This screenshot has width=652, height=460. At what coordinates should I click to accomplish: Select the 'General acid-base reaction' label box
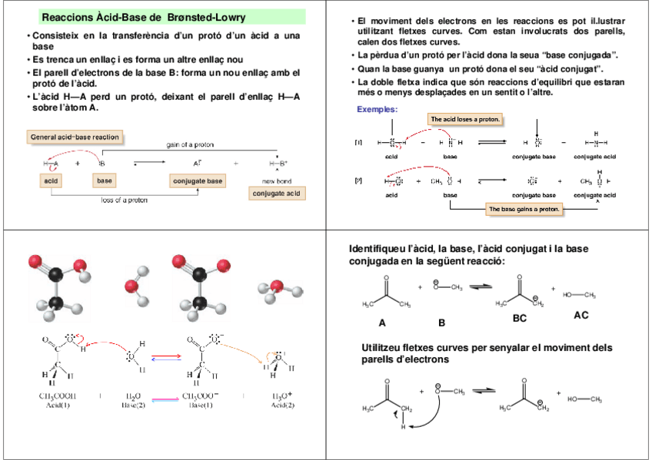coord(75,137)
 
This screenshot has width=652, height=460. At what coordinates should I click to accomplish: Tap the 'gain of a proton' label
coord(191,144)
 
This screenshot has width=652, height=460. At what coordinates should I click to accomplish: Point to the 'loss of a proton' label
coord(125,200)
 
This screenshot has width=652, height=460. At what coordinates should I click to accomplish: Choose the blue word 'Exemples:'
coord(377,109)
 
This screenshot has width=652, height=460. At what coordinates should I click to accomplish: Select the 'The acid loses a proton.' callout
coord(465,119)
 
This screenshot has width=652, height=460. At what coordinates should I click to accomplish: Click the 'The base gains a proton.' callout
coord(524,209)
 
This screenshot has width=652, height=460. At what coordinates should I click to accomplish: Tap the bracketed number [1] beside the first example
coord(358,142)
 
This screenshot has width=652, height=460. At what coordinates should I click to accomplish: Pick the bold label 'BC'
coord(520,318)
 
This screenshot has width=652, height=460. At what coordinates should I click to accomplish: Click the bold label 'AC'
coord(581,315)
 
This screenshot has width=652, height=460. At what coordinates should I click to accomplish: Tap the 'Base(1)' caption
coord(202,405)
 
